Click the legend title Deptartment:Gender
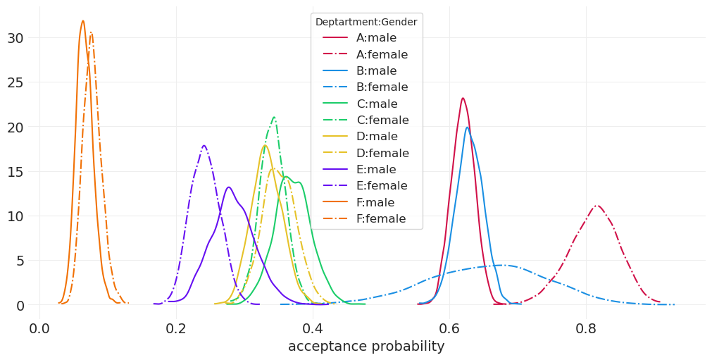click(366, 23)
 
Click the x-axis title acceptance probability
click(366, 347)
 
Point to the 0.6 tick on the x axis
click(449, 328)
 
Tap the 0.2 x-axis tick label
click(176, 328)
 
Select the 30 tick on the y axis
click(15, 38)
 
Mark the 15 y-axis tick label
click(15, 172)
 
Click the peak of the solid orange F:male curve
click(82, 21)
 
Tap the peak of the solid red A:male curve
click(463, 99)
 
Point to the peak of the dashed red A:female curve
click(597, 206)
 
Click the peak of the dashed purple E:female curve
click(204, 146)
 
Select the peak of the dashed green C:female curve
click(274, 118)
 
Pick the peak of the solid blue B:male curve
click(467, 128)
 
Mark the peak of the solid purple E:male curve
click(228, 187)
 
